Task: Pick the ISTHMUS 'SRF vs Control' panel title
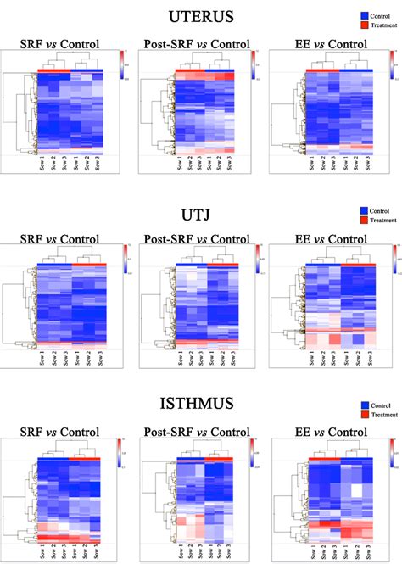(60, 433)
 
